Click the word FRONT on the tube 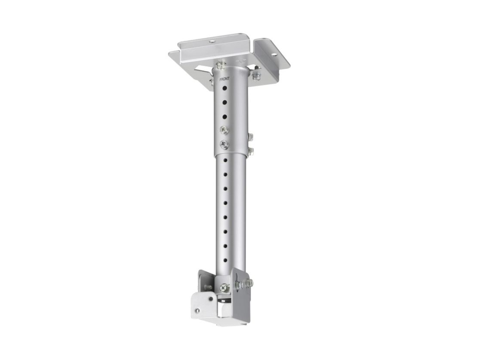(225, 79)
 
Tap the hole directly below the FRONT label (225, 88)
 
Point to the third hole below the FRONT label (225, 117)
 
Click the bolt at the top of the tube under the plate (220, 65)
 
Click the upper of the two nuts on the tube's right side (250, 136)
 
